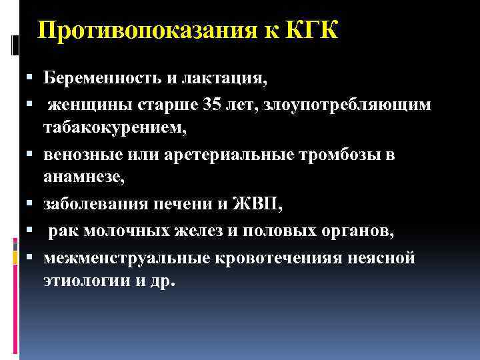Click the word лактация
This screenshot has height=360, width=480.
(226, 79)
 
